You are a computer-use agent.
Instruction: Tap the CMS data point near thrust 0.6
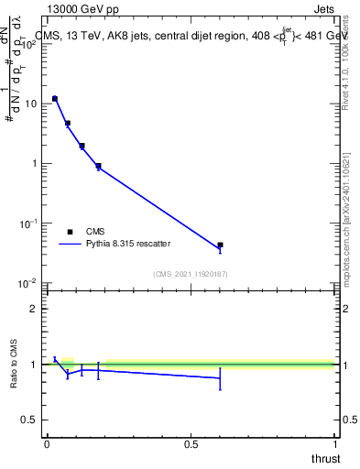(x=220, y=245)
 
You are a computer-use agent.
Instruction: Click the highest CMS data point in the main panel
(x=55, y=98)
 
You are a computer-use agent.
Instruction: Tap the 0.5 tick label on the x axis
(x=191, y=444)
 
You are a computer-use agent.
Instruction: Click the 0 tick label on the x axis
(x=47, y=444)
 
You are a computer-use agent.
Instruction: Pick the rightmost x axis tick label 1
(x=334, y=444)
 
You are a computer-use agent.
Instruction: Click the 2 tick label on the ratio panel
(x=34, y=309)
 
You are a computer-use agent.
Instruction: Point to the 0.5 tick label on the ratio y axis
(x=29, y=420)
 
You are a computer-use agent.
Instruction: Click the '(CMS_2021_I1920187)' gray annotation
(x=190, y=273)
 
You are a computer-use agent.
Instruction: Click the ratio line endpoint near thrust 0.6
(x=220, y=377)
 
